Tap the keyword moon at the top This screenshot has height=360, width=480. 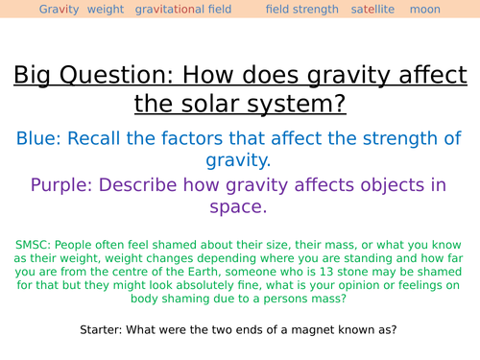[424, 10]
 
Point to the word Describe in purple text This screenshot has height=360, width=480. [150, 184]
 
